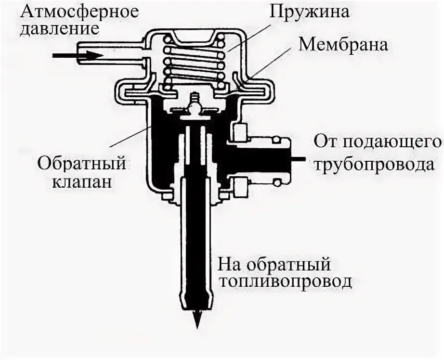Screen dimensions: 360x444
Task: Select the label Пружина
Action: pos(309,11)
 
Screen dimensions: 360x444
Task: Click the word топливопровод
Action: pos(284,281)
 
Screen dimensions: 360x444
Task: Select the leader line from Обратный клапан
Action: pos(130,134)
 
